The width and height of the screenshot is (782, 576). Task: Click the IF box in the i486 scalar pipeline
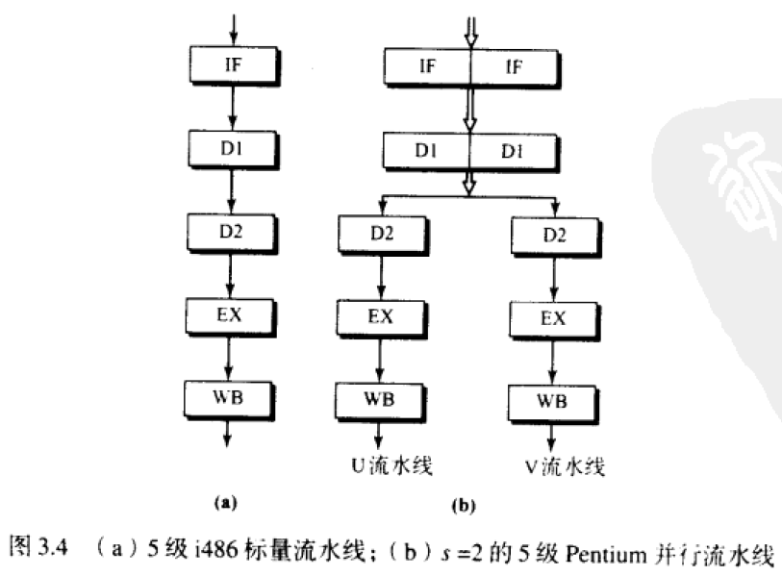(234, 66)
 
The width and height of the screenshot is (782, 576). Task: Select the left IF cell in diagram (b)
(427, 66)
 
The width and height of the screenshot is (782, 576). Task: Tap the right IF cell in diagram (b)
(512, 66)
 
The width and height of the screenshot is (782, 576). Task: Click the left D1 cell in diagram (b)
(427, 152)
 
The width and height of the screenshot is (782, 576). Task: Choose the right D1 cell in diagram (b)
(512, 152)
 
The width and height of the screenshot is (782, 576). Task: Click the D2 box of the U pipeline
(382, 234)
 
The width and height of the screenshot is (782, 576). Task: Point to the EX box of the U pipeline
(382, 316)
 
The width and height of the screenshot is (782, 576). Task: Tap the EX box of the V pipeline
(552, 318)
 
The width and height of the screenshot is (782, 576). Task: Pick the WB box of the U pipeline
(381, 397)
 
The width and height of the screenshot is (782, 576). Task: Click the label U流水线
(388, 466)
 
